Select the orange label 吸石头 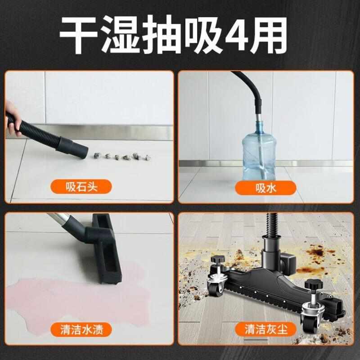[x=81, y=186]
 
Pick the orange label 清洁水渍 [x=81, y=330]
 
